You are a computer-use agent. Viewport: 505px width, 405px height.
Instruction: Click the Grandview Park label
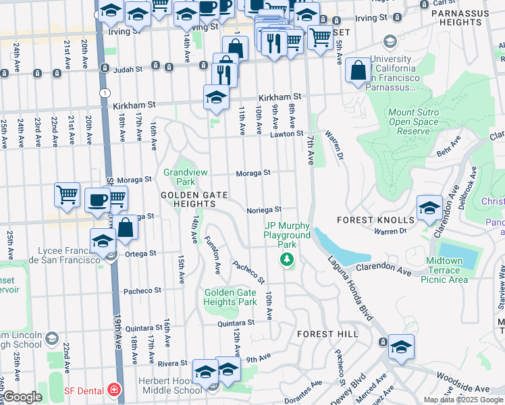pos(179,177)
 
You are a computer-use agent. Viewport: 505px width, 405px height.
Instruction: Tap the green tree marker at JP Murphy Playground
pos(288,259)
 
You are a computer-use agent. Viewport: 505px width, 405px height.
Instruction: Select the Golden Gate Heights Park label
pos(230,297)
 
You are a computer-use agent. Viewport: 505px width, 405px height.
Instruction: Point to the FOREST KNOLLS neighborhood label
pos(375,220)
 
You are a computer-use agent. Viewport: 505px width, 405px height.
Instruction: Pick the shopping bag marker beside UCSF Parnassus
pos(358,70)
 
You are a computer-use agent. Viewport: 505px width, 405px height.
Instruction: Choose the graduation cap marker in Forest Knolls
pos(429,207)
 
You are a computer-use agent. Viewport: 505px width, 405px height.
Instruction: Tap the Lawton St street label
pos(288,134)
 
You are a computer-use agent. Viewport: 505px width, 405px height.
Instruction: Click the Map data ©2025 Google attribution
pos(462,400)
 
